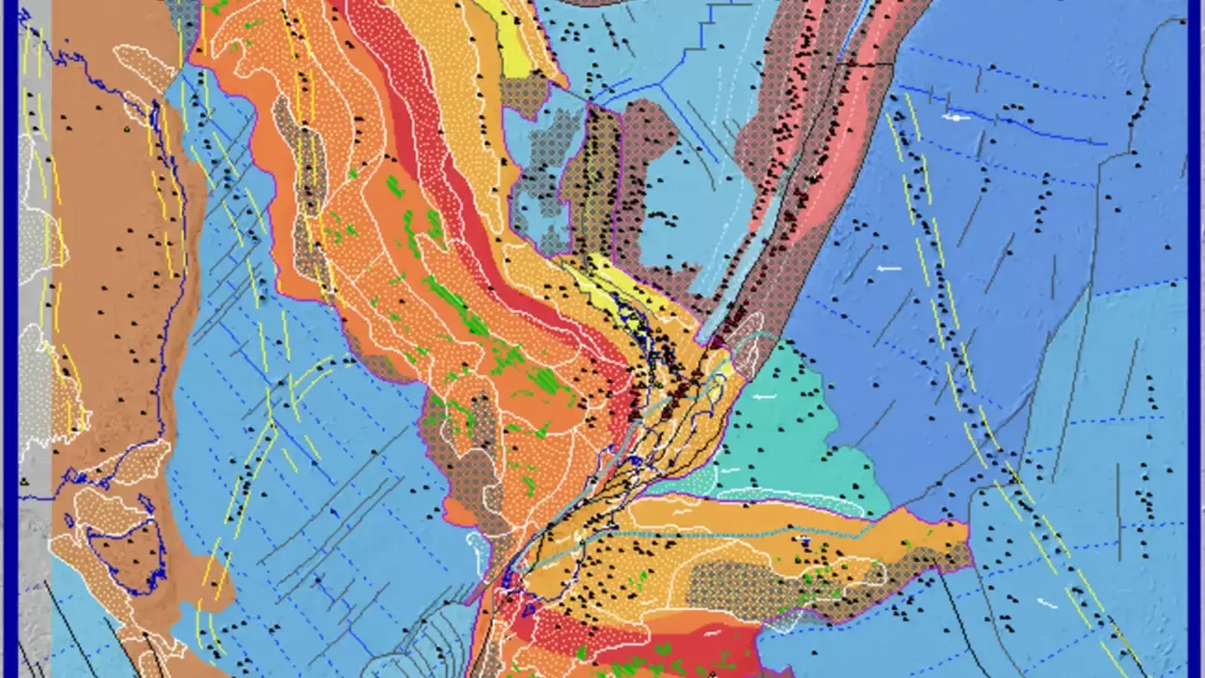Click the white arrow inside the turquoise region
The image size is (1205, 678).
[764, 397]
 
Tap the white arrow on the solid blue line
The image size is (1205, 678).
[955, 118]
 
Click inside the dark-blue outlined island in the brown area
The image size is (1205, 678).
[126, 549]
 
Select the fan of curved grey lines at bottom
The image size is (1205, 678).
[418, 642]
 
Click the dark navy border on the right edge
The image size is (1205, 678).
[1196, 335]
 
